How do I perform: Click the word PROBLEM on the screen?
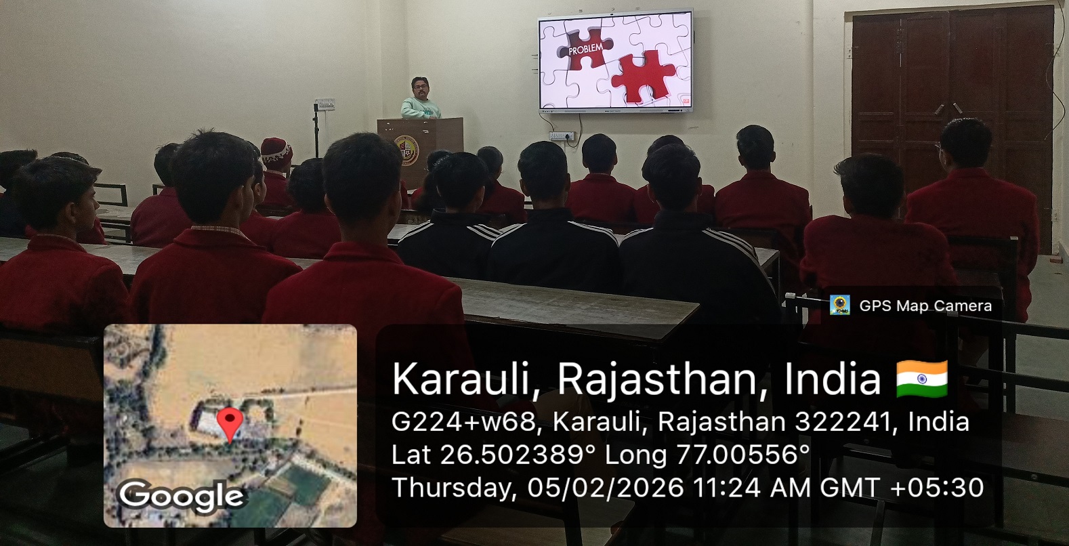(x=585, y=49)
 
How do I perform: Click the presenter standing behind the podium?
(x=420, y=100)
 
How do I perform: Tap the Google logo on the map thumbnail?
(x=181, y=496)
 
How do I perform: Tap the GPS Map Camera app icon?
(x=840, y=305)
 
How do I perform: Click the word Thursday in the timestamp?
(x=448, y=487)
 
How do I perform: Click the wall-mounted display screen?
(x=615, y=61)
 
